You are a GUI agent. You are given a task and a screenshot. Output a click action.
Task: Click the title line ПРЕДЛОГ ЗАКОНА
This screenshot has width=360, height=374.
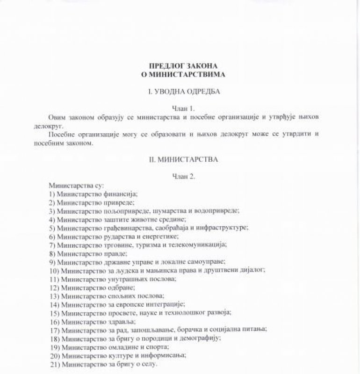pos(180,65)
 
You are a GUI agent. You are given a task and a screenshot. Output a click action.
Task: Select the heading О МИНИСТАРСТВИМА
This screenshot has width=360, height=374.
pos(180,74)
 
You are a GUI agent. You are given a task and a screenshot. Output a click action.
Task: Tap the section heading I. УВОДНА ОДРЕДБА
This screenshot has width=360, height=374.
pos(180,92)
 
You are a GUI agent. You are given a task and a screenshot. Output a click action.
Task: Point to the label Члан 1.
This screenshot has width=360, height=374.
pos(180,107)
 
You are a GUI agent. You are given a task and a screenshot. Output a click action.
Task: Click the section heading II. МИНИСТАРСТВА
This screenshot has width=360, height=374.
pos(180,159)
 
